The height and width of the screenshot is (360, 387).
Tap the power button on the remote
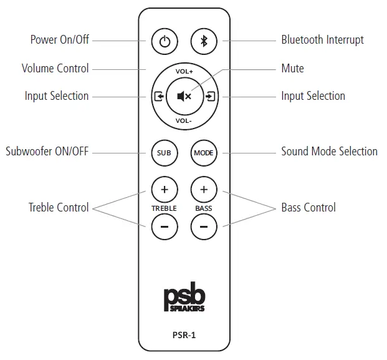tap(164, 42)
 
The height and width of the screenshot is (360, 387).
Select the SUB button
tap(164, 152)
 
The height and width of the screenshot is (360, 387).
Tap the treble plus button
tap(164, 189)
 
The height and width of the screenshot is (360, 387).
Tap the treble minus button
tap(164, 226)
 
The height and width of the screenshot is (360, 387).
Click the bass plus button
tap(204, 189)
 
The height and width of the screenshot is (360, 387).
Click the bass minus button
tap(204, 226)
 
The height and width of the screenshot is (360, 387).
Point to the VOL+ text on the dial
tap(184, 72)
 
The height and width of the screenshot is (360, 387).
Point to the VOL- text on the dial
tap(184, 121)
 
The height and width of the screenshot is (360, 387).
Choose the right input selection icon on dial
tap(210, 97)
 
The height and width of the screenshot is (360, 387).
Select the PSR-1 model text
tap(184, 334)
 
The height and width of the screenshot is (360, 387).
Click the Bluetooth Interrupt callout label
tap(322, 40)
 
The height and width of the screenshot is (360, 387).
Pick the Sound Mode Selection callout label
tap(329, 152)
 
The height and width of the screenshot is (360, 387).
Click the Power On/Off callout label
tap(60, 40)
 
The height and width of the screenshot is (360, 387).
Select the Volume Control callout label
tap(55, 69)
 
